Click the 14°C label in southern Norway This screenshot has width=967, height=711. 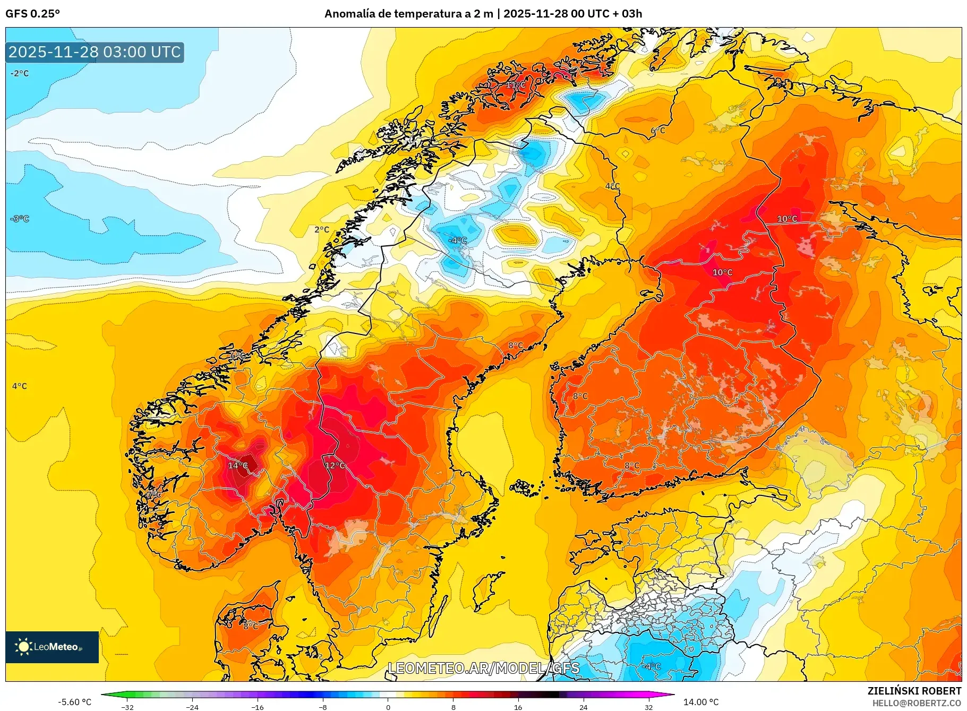pos(237,466)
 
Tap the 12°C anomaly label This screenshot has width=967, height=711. pos(335,466)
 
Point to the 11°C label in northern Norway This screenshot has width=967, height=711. pos(516,85)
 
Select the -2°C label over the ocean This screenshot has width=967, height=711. pos(20,73)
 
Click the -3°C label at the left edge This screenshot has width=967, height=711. pos(20,219)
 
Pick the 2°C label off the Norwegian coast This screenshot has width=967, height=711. pos(322,230)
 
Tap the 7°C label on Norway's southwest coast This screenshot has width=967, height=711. pos(153,494)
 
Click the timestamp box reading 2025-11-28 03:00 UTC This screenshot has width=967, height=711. pos(95,52)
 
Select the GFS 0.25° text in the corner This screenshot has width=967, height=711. pos(32,14)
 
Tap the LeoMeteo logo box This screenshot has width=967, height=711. pos(52,647)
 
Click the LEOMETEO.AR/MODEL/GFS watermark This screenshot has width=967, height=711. pos(483,668)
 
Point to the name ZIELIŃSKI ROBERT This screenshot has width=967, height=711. pos(914,691)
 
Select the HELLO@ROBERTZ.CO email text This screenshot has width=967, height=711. pos(916,703)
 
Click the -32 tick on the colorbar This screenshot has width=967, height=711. pos(127,707)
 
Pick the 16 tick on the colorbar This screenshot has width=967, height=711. pos(518,707)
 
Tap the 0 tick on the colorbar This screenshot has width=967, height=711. pos(388,707)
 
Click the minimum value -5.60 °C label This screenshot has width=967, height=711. pos(74,702)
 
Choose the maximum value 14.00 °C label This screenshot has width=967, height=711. pos(700,702)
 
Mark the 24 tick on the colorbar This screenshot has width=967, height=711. pos(583,707)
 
